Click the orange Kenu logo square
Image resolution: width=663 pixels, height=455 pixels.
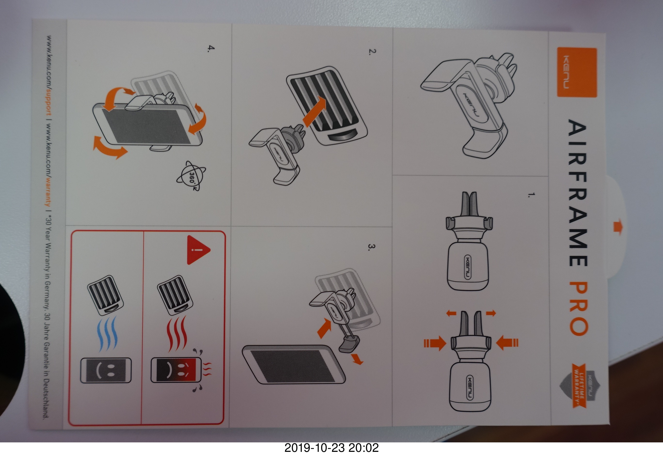point(577,73)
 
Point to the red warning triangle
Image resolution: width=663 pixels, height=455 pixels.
point(198,250)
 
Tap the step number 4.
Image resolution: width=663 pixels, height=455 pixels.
point(211,49)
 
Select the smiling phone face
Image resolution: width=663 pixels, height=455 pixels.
point(106,370)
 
